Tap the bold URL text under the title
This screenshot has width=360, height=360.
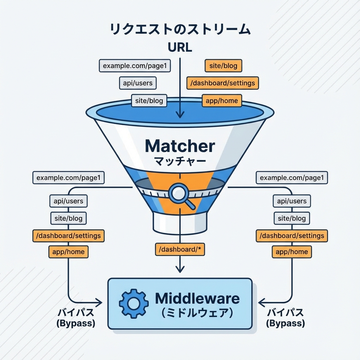point(180,47)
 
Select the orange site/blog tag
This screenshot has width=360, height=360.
point(223,65)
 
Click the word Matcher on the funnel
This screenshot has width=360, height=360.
point(180,146)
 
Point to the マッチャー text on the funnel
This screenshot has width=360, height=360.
point(180,162)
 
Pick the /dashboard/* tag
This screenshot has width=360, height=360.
point(180,249)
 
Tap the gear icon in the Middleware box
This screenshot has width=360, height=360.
point(131,303)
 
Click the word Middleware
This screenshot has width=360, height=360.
point(197,298)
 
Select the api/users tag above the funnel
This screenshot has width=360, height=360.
point(137,83)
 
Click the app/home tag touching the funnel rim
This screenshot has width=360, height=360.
point(222,101)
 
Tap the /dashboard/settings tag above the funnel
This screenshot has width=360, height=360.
point(223,83)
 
